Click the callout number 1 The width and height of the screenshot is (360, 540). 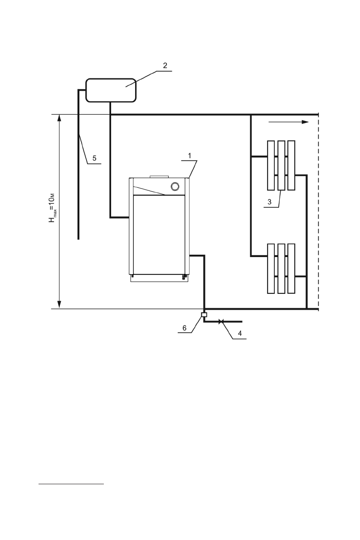pyautogui.click(x=191, y=155)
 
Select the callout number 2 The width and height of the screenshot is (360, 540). pyautogui.click(x=165, y=65)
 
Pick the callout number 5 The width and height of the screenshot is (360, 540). pyautogui.click(x=94, y=158)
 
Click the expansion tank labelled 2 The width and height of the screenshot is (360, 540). pyautogui.click(x=111, y=90)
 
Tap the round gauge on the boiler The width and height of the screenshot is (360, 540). pyautogui.click(x=175, y=186)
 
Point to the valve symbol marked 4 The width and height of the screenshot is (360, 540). pyautogui.click(x=220, y=321)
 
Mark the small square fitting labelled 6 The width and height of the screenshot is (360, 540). pyautogui.click(x=204, y=315)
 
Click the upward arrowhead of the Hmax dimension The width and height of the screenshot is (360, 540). pyautogui.click(x=58, y=118)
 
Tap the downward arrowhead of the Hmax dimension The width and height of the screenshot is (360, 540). pyautogui.click(x=58, y=305)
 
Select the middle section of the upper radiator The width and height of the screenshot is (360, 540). pyautogui.click(x=281, y=165)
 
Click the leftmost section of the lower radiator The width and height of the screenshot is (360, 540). pyautogui.click(x=271, y=268)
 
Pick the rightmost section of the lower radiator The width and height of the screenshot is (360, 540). pyautogui.click(x=291, y=268)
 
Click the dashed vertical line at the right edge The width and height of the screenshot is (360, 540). pyautogui.click(x=318, y=213)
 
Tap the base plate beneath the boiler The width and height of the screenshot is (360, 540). pyautogui.click(x=159, y=279)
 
